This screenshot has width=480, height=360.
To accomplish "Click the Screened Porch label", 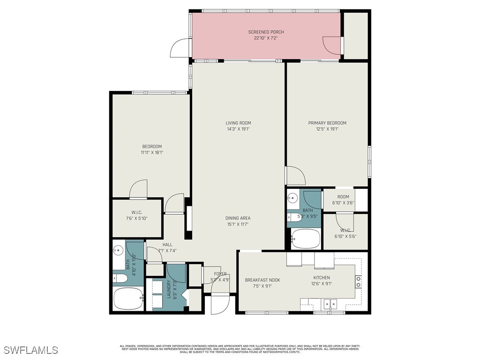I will [x=266, y=32].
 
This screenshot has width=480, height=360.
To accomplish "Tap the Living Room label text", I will [x=238, y=123].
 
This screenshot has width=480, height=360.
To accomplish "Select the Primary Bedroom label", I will [x=327, y=123].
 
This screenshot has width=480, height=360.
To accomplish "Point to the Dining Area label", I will [x=238, y=218].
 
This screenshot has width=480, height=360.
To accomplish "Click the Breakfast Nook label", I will [x=262, y=280].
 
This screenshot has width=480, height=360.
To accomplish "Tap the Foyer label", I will [x=220, y=274].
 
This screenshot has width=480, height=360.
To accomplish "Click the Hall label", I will [x=167, y=245].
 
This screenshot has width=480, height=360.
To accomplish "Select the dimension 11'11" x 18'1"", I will [x=151, y=152].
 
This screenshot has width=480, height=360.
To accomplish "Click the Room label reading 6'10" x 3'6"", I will [x=343, y=197].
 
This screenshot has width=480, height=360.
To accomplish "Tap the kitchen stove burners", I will [x=359, y=281].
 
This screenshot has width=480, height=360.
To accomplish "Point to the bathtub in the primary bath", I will [x=306, y=239].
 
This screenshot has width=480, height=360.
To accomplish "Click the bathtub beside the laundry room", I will [x=128, y=298].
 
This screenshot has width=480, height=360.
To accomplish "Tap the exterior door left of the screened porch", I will [x=180, y=48].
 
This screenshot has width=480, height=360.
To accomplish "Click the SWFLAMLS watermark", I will [x=30, y=350].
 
